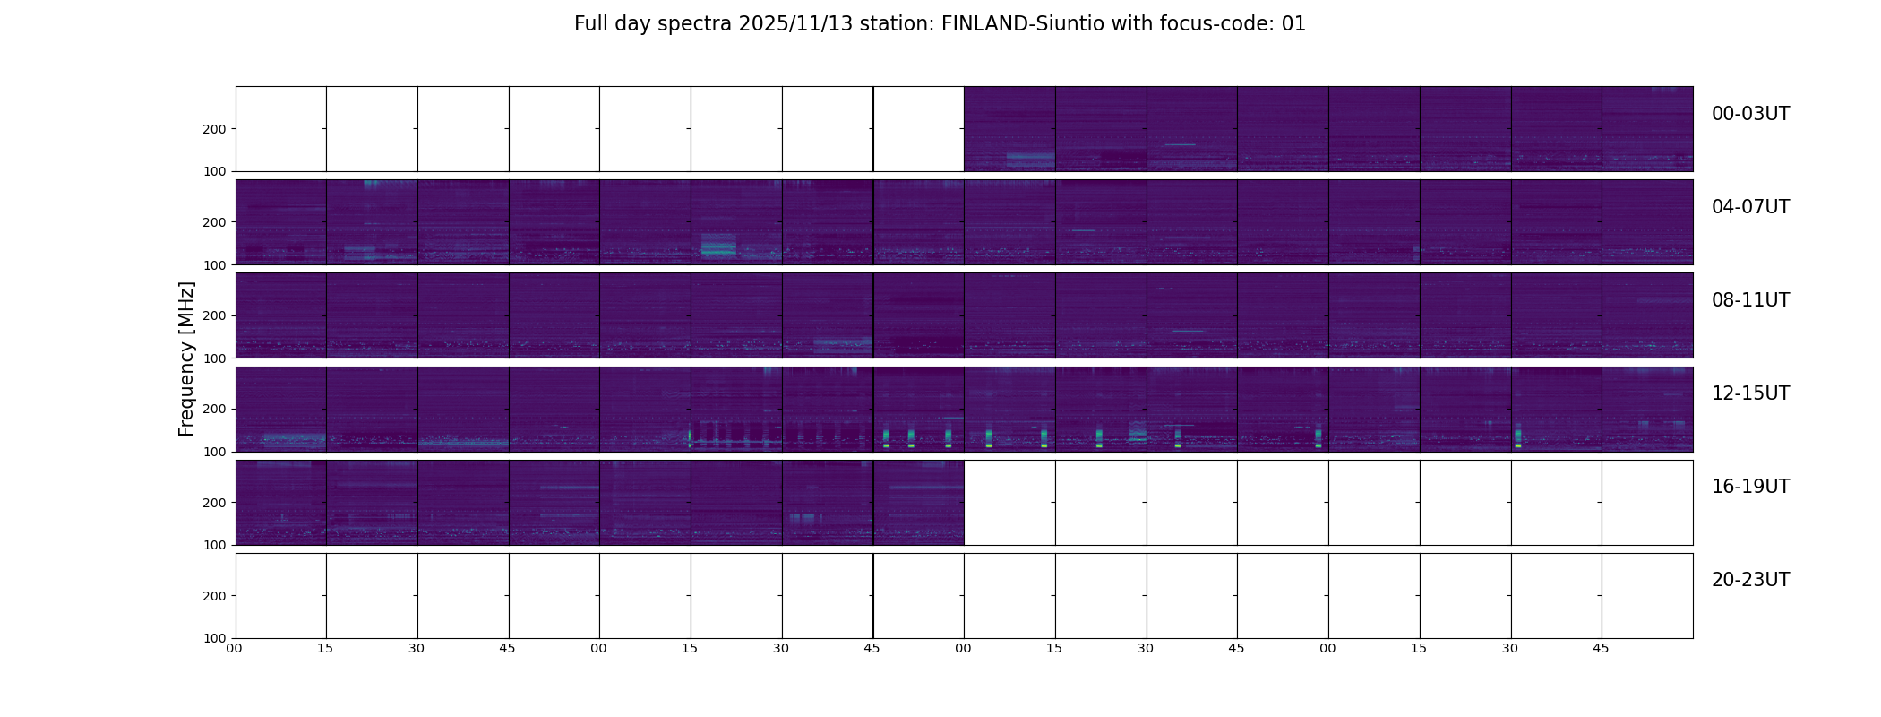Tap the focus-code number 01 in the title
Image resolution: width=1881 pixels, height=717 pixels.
[1293, 24]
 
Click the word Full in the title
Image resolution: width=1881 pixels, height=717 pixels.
[590, 24]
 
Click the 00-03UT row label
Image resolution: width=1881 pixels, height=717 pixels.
[1750, 114]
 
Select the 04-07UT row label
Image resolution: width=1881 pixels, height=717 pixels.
[1750, 207]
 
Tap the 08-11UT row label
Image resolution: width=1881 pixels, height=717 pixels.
[1750, 300]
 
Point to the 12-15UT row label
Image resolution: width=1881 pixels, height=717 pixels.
[1750, 393]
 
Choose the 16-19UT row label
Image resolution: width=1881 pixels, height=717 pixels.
[1750, 487]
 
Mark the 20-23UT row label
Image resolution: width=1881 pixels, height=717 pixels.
[1750, 580]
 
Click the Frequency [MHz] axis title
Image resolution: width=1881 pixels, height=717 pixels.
[186, 358]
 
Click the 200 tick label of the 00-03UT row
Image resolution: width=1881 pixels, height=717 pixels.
[215, 129]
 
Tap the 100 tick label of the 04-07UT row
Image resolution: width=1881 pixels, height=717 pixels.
[215, 265]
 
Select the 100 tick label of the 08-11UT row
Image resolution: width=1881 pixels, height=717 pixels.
[215, 358]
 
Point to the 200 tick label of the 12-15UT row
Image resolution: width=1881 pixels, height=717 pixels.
[215, 409]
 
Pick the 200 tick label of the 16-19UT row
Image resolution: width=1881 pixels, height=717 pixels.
[215, 503]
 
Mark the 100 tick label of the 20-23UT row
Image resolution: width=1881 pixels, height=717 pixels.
[215, 638]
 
